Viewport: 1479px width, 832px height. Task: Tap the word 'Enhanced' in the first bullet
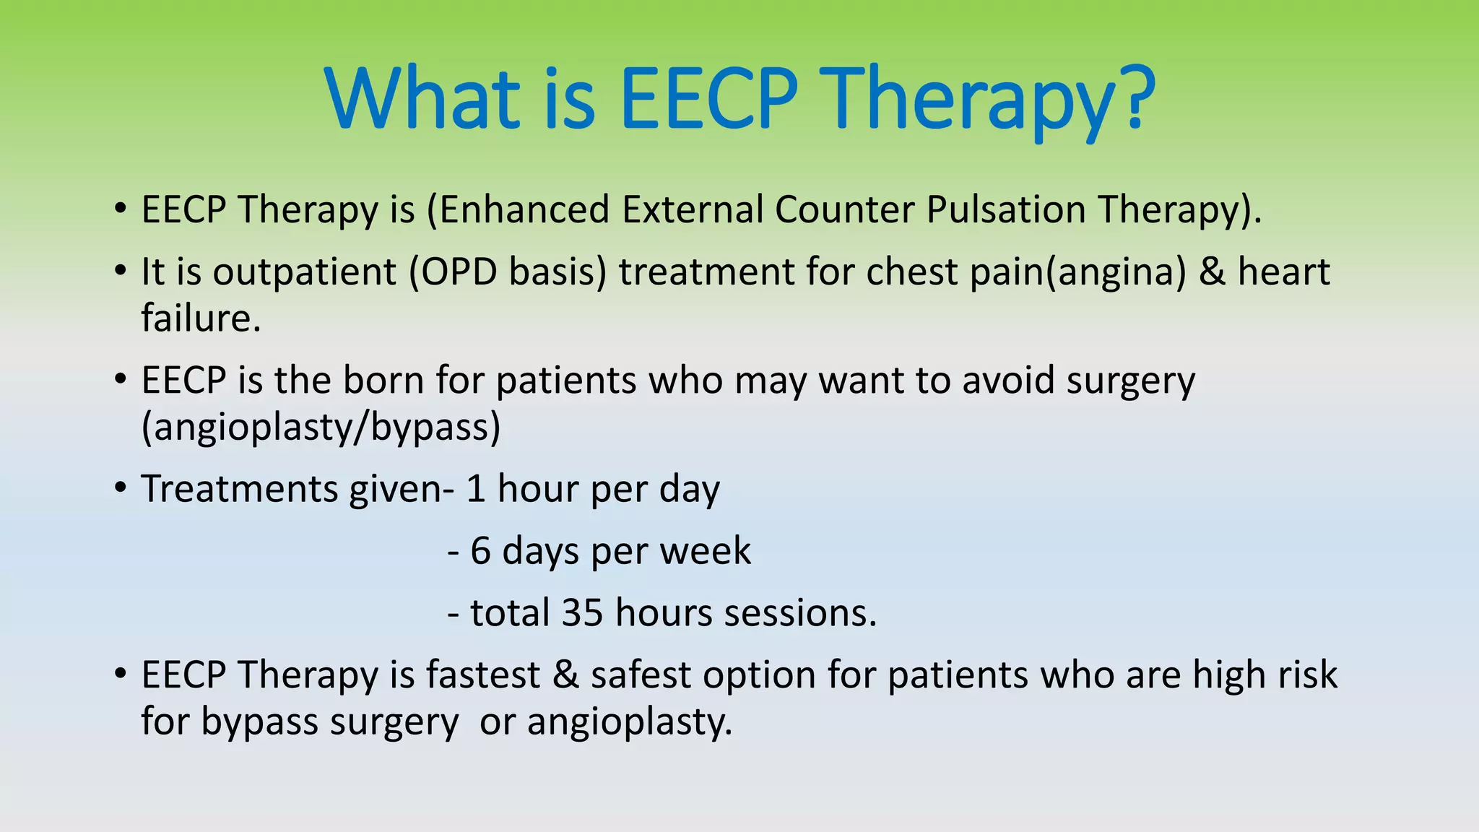click(525, 210)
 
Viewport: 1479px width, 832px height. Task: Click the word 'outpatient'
click(304, 273)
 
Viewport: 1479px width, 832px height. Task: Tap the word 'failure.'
click(201, 318)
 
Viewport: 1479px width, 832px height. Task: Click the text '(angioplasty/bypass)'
click(321, 427)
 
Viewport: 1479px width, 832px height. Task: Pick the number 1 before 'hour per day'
click(475, 489)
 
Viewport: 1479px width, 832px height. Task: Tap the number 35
click(582, 613)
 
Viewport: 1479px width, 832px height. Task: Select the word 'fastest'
click(482, 675)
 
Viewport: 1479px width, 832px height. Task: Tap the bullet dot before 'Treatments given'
click(121, 488)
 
